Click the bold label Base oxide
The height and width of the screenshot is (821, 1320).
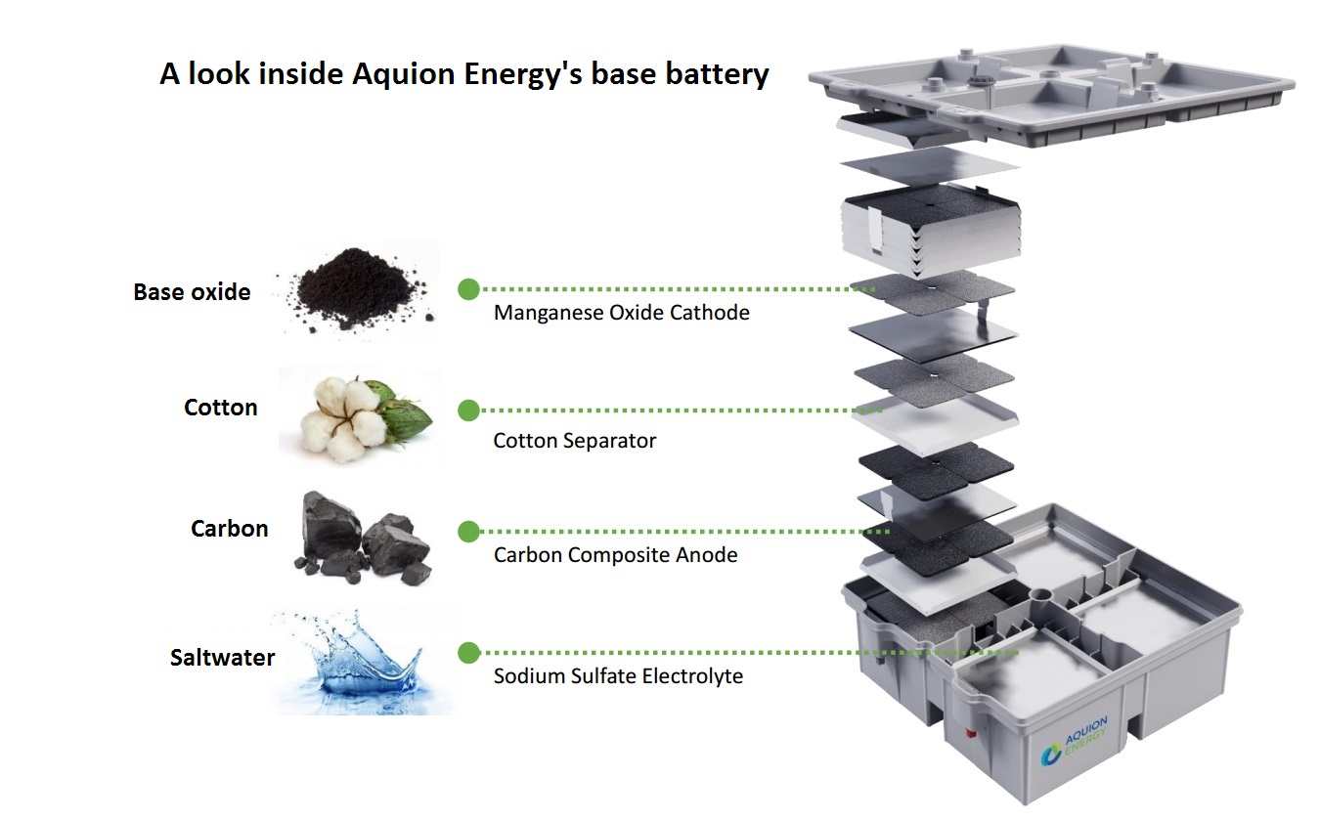coord(192,292)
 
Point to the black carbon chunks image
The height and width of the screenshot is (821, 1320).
coord(362,538)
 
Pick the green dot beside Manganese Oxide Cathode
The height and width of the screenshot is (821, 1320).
coord(468,289)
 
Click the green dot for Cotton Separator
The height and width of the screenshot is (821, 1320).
coord(468,410)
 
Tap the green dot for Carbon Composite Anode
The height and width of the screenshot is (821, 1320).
coord(468,532)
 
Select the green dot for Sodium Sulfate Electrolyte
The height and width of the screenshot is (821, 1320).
coord(468,653)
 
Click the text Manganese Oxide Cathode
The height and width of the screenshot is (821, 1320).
coord(621,314)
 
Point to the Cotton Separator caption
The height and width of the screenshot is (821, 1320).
coord(574,441)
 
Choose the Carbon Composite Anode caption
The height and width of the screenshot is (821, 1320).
coord(615,555)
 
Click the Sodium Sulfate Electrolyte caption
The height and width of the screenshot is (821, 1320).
coord(618,676)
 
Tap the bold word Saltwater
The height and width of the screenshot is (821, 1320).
coord(222,658)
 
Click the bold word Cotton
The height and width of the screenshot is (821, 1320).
coord(220,408)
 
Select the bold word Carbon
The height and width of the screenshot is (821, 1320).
coord(229,529)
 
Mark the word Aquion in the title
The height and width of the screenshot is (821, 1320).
coord(403,74)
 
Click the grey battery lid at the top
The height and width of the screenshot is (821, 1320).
coord(1056,93)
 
